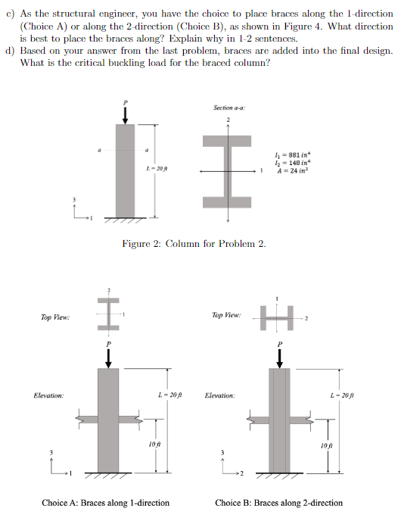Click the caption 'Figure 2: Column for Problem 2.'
coord(194,243)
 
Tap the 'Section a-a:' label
coord(228,108)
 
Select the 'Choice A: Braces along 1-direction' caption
coord(105,503)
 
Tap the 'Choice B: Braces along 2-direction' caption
coord(278,503)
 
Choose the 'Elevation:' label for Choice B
coord(219,395)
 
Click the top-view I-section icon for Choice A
coord(109,313)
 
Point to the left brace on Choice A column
coord(85,417)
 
